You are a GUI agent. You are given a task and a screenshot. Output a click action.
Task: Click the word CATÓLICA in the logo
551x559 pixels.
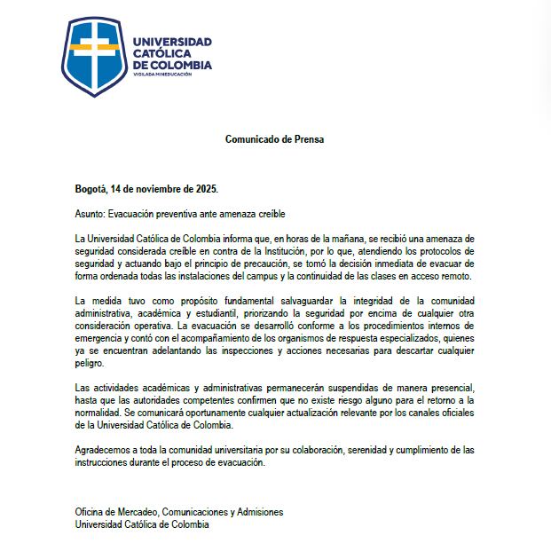159,53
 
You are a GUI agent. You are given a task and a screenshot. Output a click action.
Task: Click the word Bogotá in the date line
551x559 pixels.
91,189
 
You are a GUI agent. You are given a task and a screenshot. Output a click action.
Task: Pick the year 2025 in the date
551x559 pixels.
204,189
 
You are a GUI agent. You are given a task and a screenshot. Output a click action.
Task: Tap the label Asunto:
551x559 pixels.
90,215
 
